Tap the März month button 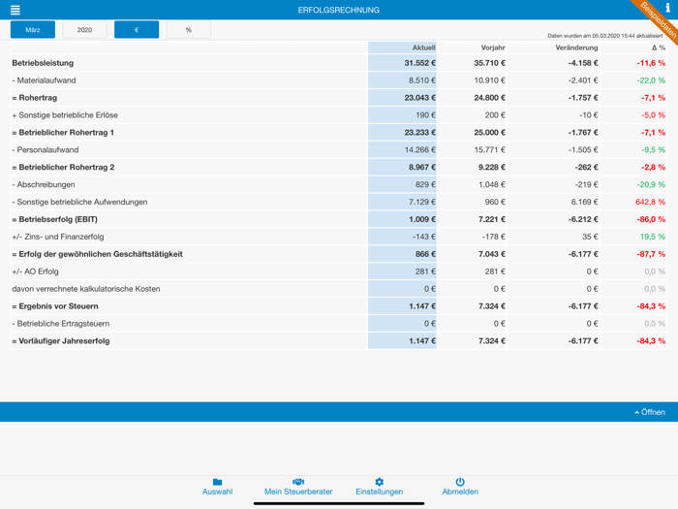click(x=33, y=30)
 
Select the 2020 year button click(x=84, y=30)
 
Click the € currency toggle click(x=137, y=30)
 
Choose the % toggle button click(x=188, y=30)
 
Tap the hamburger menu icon click(x=15, y=10)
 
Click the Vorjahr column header click(x=493, y=48)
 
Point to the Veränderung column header click(x=576, y=48)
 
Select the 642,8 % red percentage click(x=650, y=202)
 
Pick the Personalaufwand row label click(x=46, y=150)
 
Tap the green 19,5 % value click(x=652, y=237)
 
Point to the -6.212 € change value click(x=578, y=219)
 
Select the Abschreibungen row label click(x=45, y=184)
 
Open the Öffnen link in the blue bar click(x=650, y=412)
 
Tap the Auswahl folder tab click(x=217, y=487)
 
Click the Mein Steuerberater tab click(x=298, y=487)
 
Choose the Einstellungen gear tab click(x=379, y=487)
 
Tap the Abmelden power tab click(x=460, y=487)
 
